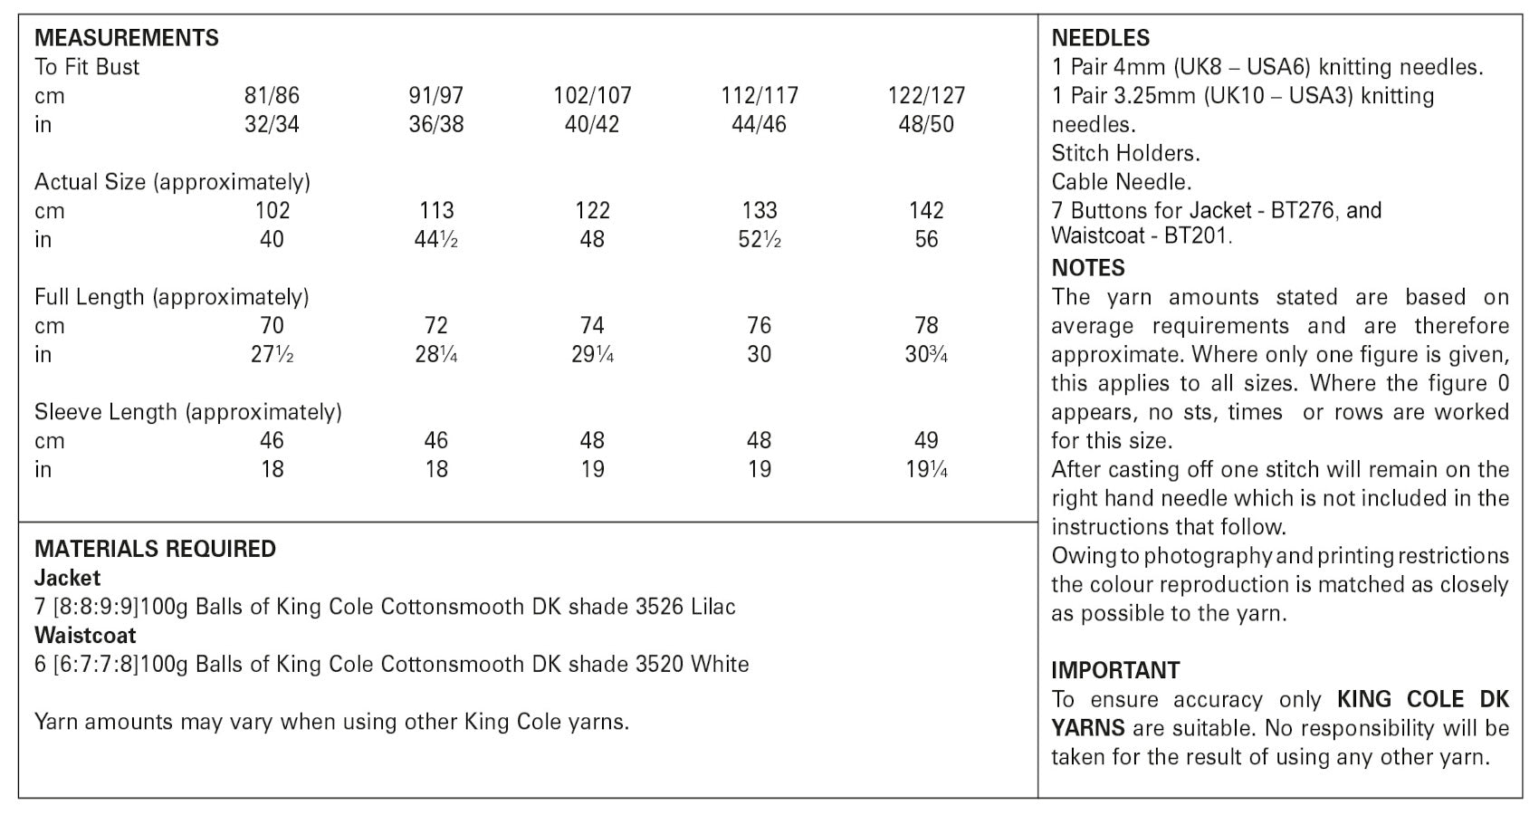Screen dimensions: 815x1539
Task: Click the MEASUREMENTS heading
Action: tap(127, 38)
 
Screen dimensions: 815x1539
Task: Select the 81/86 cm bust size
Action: tap(272, 95)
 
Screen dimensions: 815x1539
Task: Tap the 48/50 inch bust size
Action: tap(926, 124)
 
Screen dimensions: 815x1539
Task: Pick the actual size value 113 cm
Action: tap(436, 210)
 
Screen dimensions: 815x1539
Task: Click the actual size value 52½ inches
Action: tap(759, 239)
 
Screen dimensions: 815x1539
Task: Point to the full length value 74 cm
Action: tap(592, 325)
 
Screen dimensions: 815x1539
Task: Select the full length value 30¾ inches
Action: tap(926, 354)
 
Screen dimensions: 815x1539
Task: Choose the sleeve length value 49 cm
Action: tap(926, 440)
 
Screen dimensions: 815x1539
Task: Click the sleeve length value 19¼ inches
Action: tap(926, 469)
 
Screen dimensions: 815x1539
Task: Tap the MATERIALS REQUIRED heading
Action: tap(155, 549)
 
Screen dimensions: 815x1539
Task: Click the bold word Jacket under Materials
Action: tap(67, 578)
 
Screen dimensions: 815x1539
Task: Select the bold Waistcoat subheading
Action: tap(85, 635)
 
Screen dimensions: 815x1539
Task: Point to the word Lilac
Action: tap(712, 607)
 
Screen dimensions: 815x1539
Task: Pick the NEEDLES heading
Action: tap(1101, 38)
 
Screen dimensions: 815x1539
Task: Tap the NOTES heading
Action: tap(1088, 268)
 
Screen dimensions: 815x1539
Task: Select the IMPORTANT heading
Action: tap(1115, 670)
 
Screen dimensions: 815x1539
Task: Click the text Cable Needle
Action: tap(1122, 181)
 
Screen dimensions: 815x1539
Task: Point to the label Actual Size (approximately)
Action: tap(172, 181)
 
